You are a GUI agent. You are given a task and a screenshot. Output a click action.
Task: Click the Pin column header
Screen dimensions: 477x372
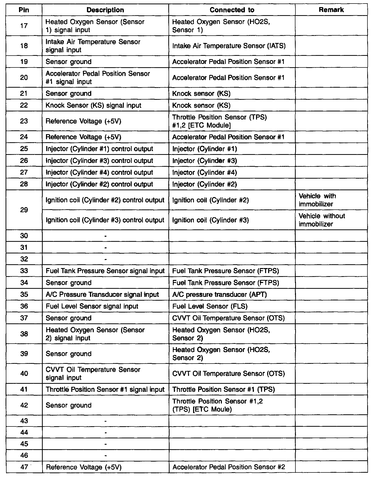[x=24, y=10]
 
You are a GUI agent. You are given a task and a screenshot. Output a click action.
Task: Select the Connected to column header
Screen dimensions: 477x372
[x=232, y=10]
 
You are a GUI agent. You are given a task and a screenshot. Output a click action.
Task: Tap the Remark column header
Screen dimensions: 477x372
[x=331, y=10]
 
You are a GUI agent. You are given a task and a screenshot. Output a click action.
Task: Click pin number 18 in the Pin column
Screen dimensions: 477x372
[x=24, y=46]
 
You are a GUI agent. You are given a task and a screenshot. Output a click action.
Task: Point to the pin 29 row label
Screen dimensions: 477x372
[x=24, y=210]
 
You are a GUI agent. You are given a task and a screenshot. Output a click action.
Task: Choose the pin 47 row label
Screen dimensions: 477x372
[x=24, y=467]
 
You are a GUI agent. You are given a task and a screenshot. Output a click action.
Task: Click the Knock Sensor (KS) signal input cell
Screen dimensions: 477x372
[x=93, y=105]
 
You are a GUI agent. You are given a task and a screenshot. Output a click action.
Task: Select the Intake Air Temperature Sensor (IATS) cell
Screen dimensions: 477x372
[x=229, y=46]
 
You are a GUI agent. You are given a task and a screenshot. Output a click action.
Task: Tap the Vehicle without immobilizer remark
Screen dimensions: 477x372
[x=321, y=220]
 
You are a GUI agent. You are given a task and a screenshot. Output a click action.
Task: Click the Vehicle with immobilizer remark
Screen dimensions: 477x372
[x=317, y=200]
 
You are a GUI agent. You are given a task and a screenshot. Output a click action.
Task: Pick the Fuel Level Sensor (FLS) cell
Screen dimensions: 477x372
[x=210, y=306]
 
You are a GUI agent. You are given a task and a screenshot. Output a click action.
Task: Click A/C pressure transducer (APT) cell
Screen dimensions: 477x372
[x=219, y=295]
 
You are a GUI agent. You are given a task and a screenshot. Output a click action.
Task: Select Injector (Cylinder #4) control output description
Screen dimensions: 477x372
[x=99, y=173]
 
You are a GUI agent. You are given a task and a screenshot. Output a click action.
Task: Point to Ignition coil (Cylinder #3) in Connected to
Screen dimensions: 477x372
[x=211, y=220]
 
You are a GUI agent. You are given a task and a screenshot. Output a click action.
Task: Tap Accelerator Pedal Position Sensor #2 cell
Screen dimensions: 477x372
[x=229, y=467]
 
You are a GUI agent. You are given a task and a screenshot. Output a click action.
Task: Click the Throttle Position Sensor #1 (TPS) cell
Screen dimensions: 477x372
[x=223, y=389]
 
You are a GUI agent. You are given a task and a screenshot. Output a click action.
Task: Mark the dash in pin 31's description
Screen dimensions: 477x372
[x=105, y=248]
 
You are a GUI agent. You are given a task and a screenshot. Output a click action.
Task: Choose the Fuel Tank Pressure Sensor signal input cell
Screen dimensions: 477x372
[x=105, y=271]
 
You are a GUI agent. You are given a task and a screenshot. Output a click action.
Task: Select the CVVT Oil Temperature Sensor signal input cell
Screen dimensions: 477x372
[x=93, y=373]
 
